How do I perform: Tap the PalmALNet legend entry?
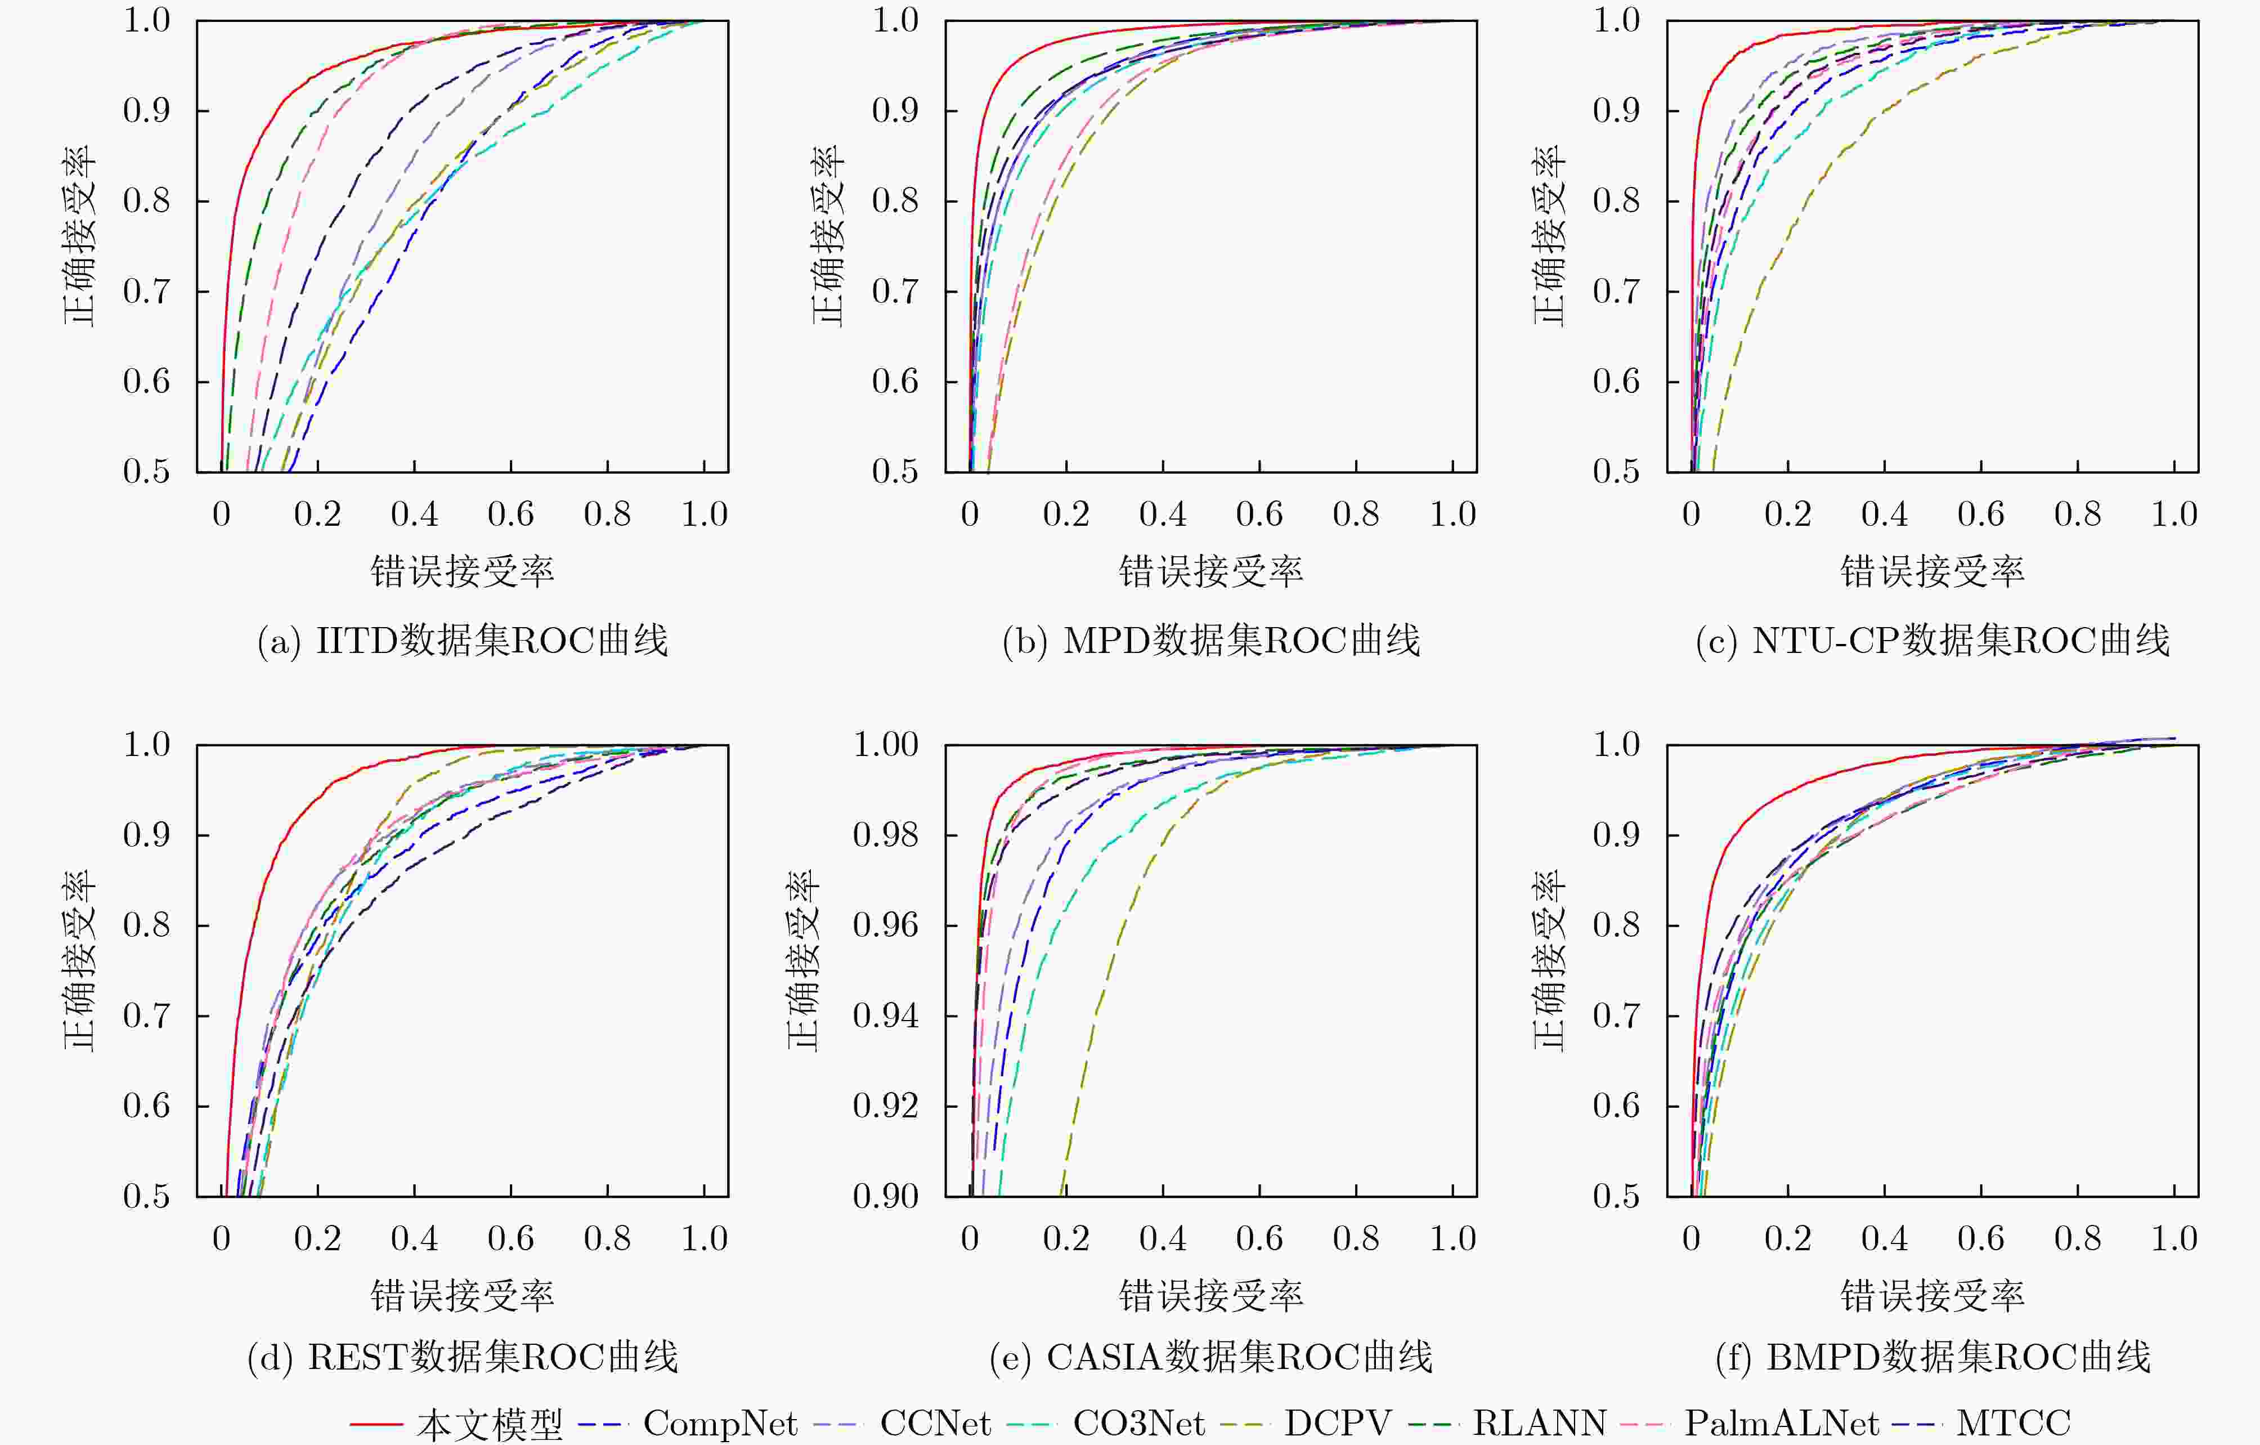tap(1781, 1422)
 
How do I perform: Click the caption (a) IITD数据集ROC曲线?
tap(463, 641)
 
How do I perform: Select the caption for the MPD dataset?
tap(1210, 641)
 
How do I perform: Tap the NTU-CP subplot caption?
tap(1932, 641)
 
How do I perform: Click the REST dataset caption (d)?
tap(463, 1357)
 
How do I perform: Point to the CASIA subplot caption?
tap(1210, 1357)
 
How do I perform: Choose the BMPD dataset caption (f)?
tap(1932, 1357)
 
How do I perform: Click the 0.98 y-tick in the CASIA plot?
tap(885, 835)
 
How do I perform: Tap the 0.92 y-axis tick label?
tap(885, 1105)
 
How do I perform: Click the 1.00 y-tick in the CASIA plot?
tap(885, 745)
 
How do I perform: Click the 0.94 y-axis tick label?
tap(885, 1015)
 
